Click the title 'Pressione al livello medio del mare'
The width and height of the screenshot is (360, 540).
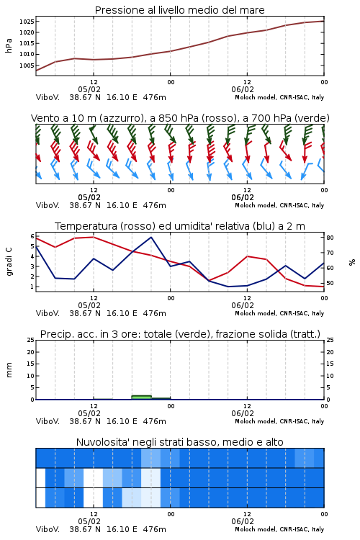point(179,10)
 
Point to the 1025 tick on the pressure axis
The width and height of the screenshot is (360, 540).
point(27,22)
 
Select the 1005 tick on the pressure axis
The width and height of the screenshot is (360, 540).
point(27,66)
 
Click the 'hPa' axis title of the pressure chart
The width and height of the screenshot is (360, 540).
point(9,45)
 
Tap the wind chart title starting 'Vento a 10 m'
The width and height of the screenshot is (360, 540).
point(180,118)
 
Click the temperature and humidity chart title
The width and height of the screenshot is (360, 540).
point(180,226)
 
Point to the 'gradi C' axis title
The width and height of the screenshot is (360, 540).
point(9,261)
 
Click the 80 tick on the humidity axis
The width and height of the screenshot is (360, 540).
point(330,238)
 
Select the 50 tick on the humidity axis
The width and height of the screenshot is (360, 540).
point(330,283)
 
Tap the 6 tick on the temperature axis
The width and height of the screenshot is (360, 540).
point(32,236)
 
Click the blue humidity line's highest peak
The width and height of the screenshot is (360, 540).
point(151,237)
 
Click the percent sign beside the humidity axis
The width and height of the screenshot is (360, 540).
point(352,262)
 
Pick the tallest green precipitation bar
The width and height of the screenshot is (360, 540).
point(141,397)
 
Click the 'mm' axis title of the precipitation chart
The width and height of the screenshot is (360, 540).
point(9,370)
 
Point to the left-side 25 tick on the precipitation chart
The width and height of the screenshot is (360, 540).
point(31,340)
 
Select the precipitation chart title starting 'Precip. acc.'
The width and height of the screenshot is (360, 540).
point(180,334)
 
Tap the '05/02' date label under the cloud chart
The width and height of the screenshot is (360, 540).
point(89,521)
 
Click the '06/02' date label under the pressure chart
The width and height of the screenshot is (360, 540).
point(243,89)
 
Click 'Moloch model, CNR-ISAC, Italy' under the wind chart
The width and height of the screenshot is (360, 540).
point(279,205)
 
